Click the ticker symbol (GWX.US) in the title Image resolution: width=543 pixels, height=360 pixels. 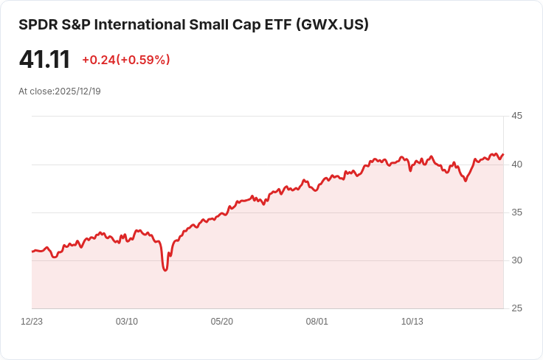click(x=332, y=24)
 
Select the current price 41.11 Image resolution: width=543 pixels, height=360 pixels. click(x=44, y=60)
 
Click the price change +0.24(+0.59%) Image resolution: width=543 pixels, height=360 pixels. click(x=125, y=60)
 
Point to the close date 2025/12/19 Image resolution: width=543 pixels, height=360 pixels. click(x=77, y=91)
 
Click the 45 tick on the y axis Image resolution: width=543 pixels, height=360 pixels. click(x=516, y=116)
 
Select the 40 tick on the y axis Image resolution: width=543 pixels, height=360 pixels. click(x=516, y=164)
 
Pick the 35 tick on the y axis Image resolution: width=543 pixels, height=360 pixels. click(x=516, y=212)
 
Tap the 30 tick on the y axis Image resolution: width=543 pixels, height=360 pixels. click(x=516, y=260)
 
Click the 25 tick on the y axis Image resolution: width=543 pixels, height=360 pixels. click(x=516, y=308)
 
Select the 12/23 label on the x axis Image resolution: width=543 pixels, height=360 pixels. click(x=32, y=322)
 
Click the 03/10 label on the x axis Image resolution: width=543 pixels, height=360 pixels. click(x=127, y=322)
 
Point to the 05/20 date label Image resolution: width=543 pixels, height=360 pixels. click(x=222, y=322)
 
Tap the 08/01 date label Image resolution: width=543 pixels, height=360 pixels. click(x=317, y=322)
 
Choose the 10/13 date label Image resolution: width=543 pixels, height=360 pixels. click(x=412, y=322)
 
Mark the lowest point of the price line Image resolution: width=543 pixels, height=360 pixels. click(x=165, y=270)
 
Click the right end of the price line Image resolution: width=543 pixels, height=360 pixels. click(x=503, y=154)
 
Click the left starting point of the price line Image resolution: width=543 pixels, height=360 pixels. click(x=32, y=252)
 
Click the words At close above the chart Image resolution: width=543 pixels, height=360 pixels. click(x=35, y=91)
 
